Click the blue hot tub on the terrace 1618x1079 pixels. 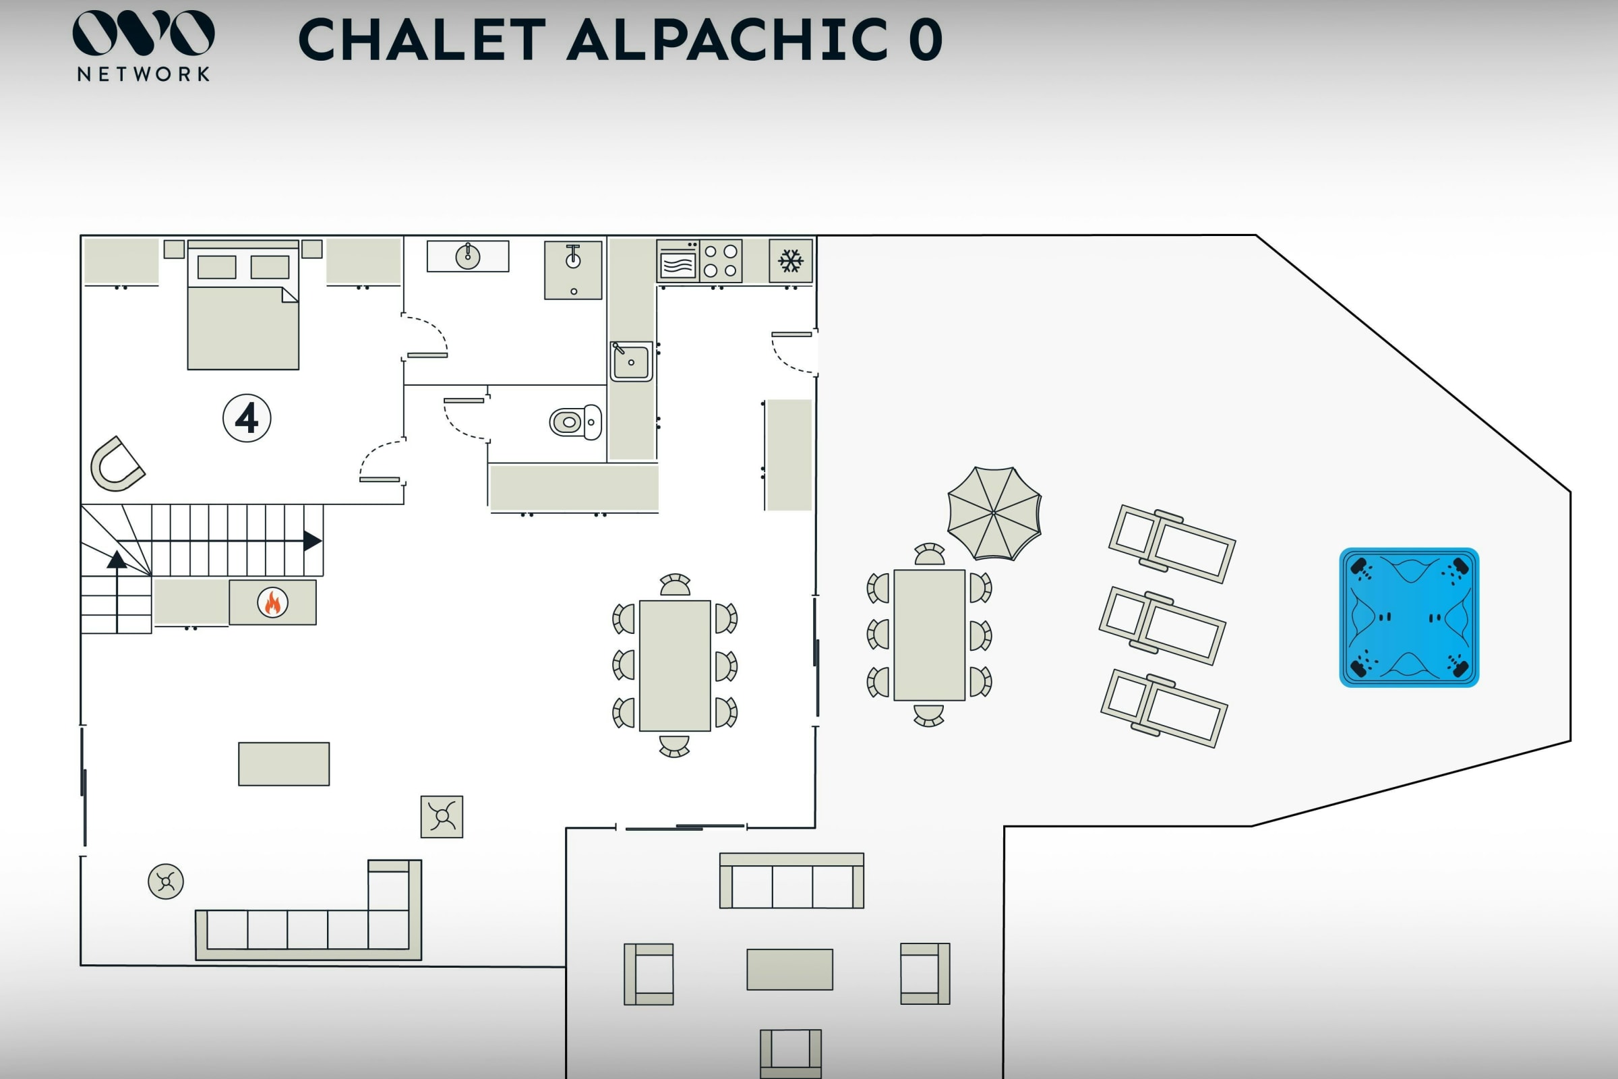(x=1409, y=617)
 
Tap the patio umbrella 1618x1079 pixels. (x=994, y=513)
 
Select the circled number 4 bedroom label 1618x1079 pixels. (x=247, y=417)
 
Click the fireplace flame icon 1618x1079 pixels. (x=272, y=603)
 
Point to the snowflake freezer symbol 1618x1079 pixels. (x=790, y=261)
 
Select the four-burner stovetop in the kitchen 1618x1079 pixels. (x=720, y=261)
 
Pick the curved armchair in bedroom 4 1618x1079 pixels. (x=116, y=464)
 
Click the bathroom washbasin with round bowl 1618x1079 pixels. (x=468, y=257)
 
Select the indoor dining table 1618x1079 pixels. (x=675, y=666)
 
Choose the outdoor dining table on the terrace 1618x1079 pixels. (x=930, y=635)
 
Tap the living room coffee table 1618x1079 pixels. (x=283, y=764)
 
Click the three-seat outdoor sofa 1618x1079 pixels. (x=791, y=881)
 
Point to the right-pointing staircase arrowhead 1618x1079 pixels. (x=312, y=541)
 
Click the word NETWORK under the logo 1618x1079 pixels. (x=143, y=74)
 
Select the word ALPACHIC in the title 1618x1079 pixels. (x=727, y=40)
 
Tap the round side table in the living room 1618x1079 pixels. (x=166, y=881)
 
